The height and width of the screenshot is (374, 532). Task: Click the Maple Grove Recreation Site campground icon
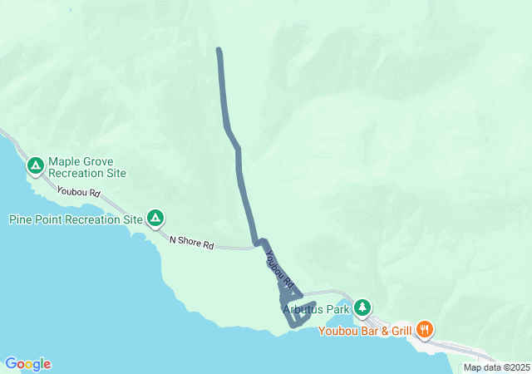pyautogui.click(x=36, y=166)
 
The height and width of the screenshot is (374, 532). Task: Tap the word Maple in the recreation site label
pyautogui.click(x=65, y=162)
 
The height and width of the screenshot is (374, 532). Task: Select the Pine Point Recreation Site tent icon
pyautogui.click(x=155, y=219)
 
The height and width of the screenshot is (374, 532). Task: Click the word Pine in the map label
pyautogui.click(x=22, y=220)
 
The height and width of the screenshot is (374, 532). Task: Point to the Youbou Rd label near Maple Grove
pyautogui.click(x=79, y=192)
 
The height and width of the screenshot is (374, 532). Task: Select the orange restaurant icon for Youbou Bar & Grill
pyautogui.click(x=425, y=329)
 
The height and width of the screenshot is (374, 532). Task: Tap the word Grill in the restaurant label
pyautogui.click(x=397, y=332)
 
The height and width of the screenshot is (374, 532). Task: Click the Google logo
pyautogui.click(x=27, y=363)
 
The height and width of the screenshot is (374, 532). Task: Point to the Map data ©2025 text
pyautogui.click(x=495, y=367)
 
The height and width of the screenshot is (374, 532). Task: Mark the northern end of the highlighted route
pyautogui.click(x=219, y=51)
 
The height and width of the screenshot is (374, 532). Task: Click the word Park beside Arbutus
pyautogui.click(x=338, y=310)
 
